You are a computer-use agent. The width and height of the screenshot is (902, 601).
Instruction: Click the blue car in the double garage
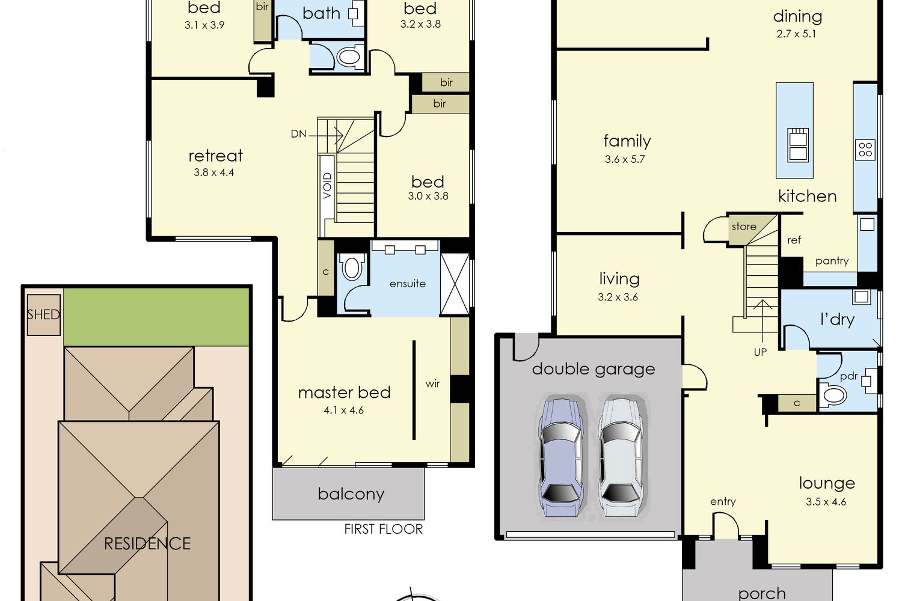point(561,457)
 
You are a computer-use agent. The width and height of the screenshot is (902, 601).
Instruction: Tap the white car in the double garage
point(621,457)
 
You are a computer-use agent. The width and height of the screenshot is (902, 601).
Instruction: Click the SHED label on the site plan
point(43,314)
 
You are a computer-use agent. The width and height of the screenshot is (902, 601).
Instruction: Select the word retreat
point(216,156)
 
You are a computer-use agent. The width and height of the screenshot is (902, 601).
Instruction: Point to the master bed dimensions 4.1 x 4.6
point(343,410)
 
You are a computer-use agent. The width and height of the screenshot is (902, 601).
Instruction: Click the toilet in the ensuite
point(351,267)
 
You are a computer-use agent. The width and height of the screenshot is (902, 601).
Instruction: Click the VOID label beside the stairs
point(327,186)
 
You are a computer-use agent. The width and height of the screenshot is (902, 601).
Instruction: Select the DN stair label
point(298,134)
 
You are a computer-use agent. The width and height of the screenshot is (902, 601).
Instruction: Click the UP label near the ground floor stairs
point(760,352)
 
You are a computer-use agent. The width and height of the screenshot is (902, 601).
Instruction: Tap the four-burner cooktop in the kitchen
point(865,149)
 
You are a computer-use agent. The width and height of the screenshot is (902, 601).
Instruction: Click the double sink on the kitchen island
point(798,145)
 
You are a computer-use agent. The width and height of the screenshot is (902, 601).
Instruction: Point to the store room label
point(744,227)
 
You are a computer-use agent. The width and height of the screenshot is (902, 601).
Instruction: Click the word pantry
point(832,261)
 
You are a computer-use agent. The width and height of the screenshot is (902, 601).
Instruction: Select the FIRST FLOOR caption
point(384,529)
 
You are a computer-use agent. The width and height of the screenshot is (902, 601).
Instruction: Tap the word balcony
point(351,495)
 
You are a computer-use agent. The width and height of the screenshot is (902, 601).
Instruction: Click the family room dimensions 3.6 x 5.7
point(625,159)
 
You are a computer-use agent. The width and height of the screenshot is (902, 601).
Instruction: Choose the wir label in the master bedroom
point(432,384)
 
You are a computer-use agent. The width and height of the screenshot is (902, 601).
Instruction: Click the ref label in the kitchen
point(794,240)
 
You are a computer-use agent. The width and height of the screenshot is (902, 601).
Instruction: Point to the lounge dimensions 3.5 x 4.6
point(826,502)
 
